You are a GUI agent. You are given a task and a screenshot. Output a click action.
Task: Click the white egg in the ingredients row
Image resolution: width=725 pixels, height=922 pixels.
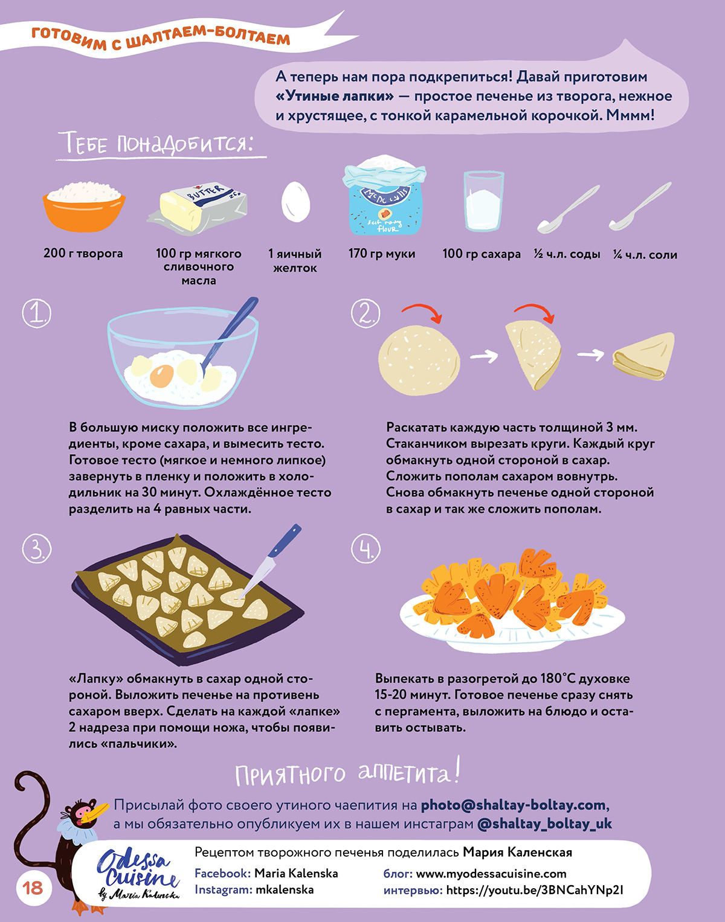[x=296, y=202]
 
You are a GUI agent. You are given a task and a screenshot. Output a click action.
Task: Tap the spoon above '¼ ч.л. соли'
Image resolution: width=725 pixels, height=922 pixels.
[x=640, y=206]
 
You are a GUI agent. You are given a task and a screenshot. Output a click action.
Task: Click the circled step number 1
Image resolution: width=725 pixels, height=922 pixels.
[x=37, y=313]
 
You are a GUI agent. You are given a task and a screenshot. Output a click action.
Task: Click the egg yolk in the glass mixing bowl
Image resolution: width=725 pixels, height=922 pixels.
[x=162, y=376]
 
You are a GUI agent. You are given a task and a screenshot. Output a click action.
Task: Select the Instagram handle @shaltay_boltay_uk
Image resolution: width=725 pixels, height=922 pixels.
[x=544, y=824]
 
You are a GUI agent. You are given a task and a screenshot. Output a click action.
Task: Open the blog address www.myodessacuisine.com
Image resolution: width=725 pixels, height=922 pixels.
[x=491, y=874]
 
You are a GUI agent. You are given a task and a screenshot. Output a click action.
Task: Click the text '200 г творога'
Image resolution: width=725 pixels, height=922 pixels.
[x=83, y=254]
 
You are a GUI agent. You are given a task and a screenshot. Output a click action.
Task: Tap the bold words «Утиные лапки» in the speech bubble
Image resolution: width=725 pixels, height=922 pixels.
[x=335, y=96]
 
